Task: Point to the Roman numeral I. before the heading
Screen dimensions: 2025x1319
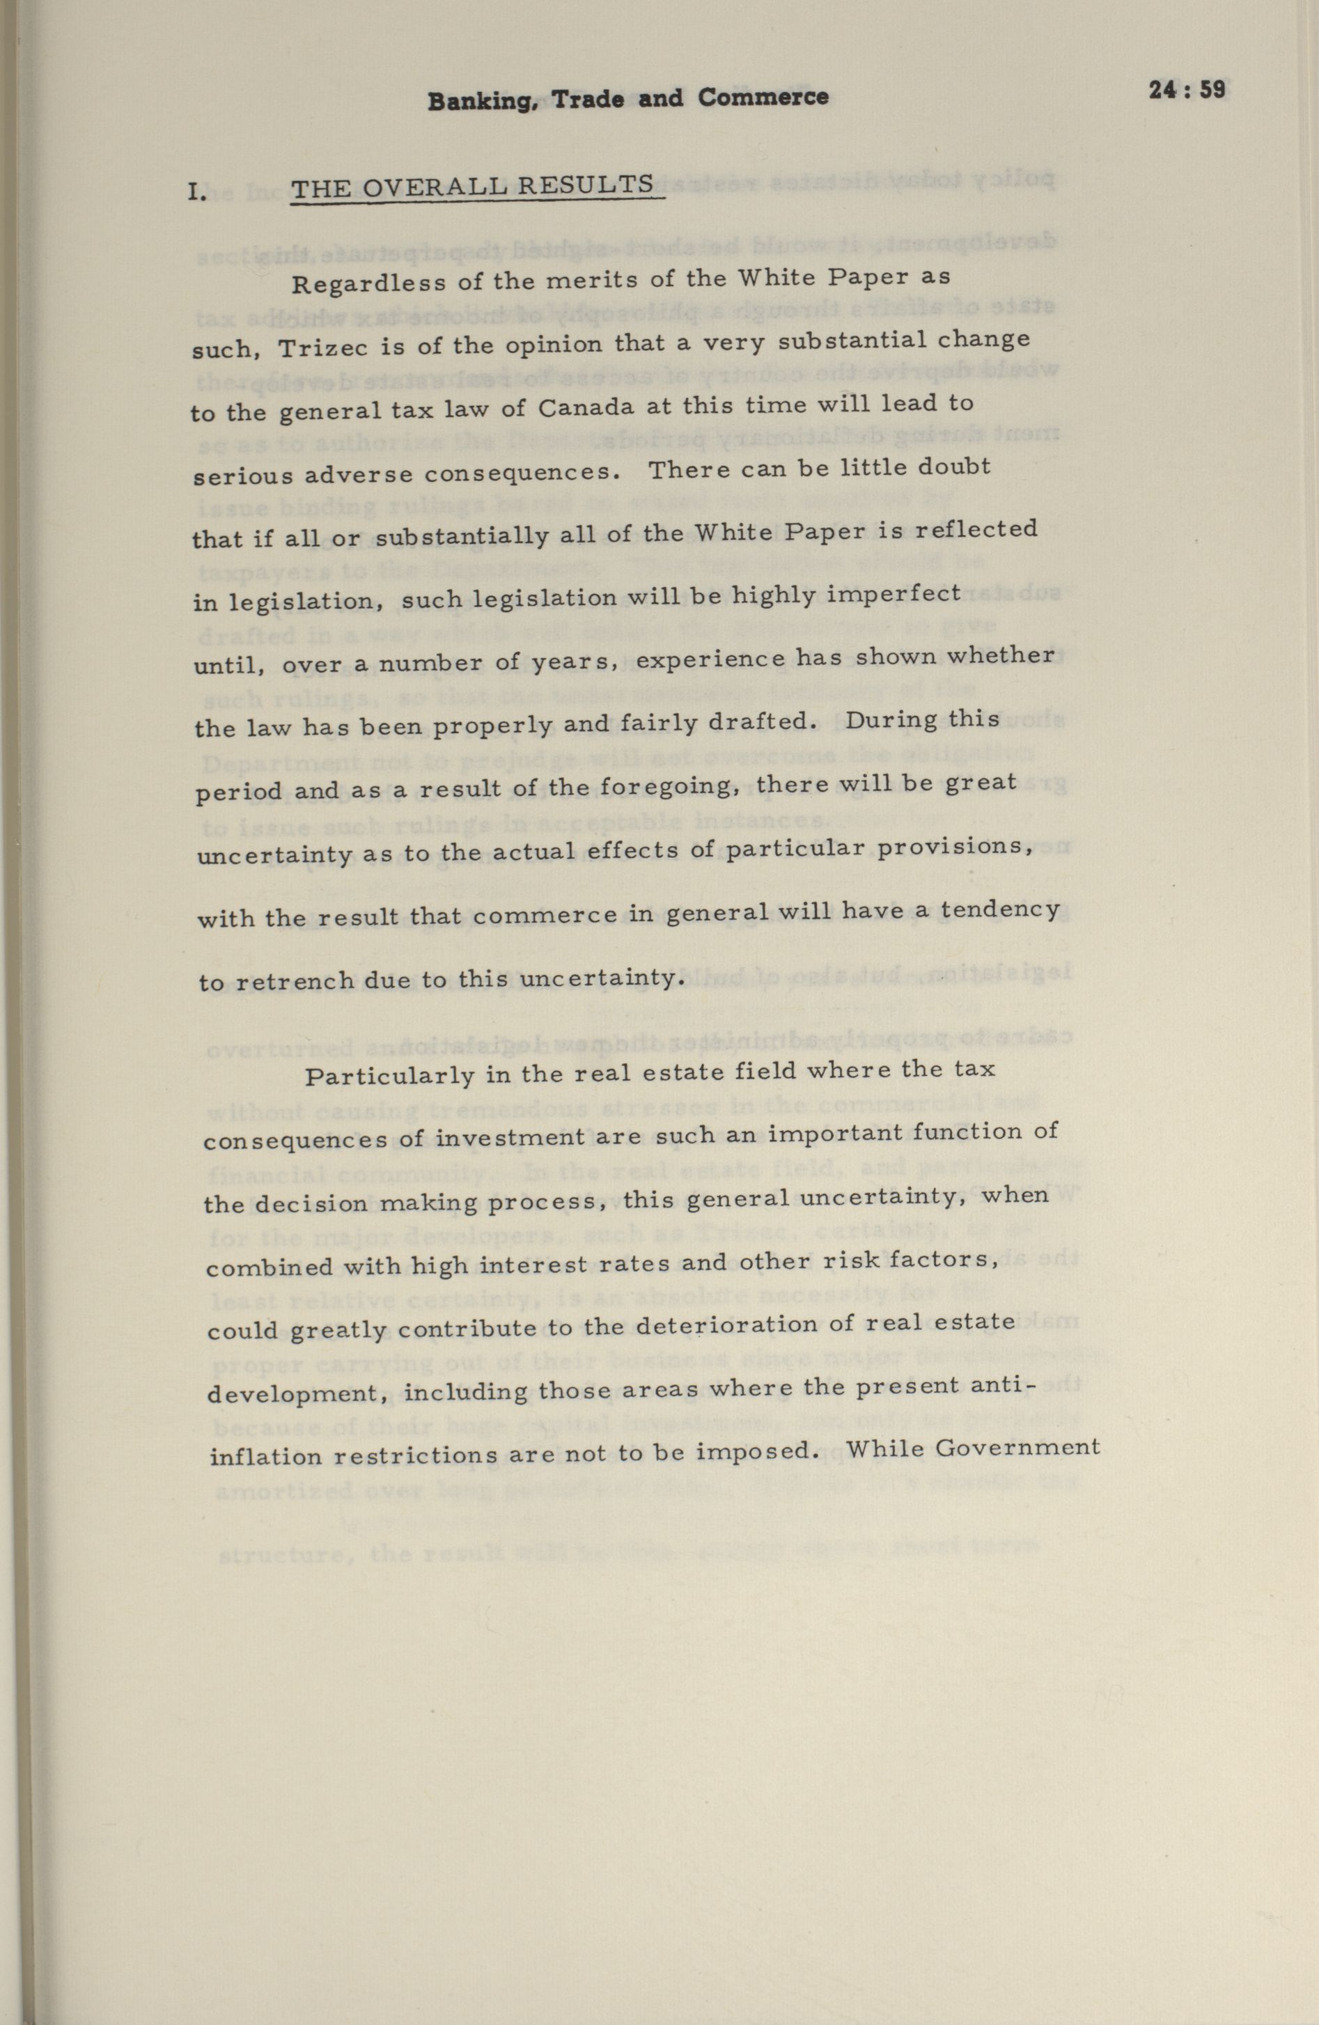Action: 196,191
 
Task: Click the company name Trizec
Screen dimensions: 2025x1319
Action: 314,347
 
